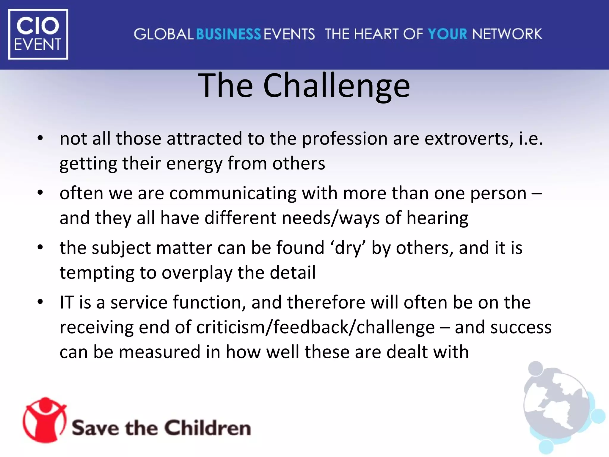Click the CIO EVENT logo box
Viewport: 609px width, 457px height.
pos(38,34)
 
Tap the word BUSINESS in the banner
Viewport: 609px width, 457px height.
pos(228,34)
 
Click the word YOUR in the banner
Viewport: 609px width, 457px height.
pos(448,34)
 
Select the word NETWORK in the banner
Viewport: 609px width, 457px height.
pos(507,34)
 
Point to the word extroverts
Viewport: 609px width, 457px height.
pos(468,139)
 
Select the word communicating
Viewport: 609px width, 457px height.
pos(233,193)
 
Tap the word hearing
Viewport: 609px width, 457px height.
pos(437,218)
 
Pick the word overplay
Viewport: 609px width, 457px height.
pos(197,273)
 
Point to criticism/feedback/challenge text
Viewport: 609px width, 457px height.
pos(315,327)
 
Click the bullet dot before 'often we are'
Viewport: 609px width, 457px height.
pos(40,193)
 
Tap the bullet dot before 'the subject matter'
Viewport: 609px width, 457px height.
pos(40,247)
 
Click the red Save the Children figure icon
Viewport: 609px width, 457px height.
pos(45,420)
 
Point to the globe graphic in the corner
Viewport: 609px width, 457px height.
pos(559,408)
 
